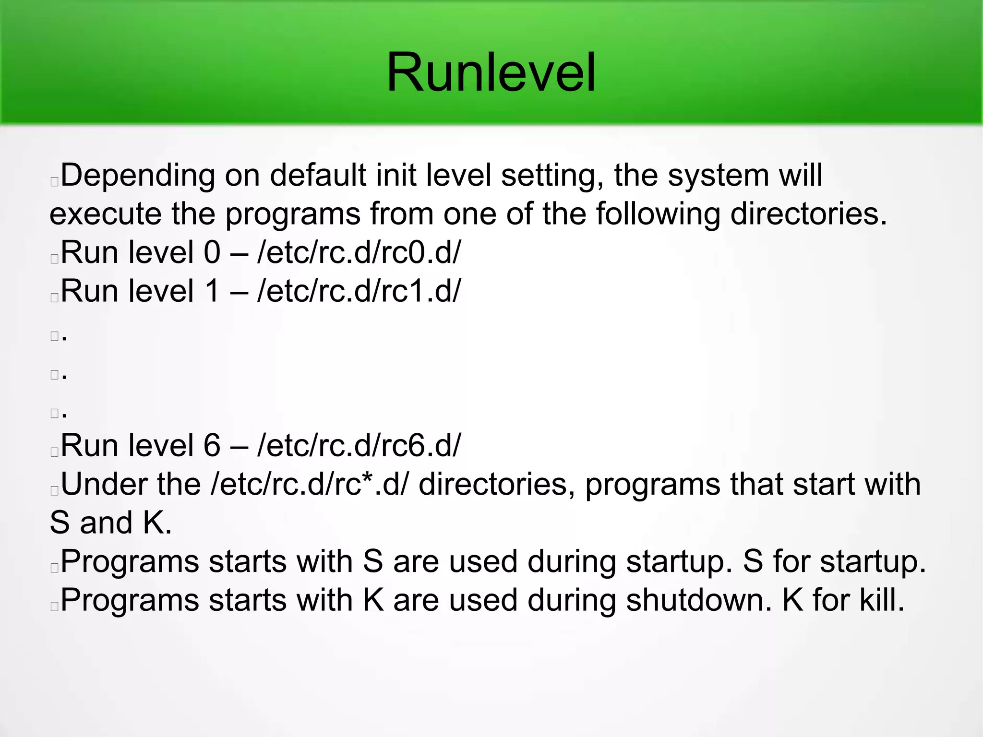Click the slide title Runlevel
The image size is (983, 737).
[491, 73]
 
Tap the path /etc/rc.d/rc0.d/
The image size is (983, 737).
[359, 252]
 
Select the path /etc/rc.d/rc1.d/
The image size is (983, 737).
[359, 291]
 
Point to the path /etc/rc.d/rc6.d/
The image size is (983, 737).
[359, 446]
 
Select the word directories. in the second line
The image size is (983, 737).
[809, 214]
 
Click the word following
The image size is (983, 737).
[658, 215]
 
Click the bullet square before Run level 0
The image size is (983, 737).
[54, 259]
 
